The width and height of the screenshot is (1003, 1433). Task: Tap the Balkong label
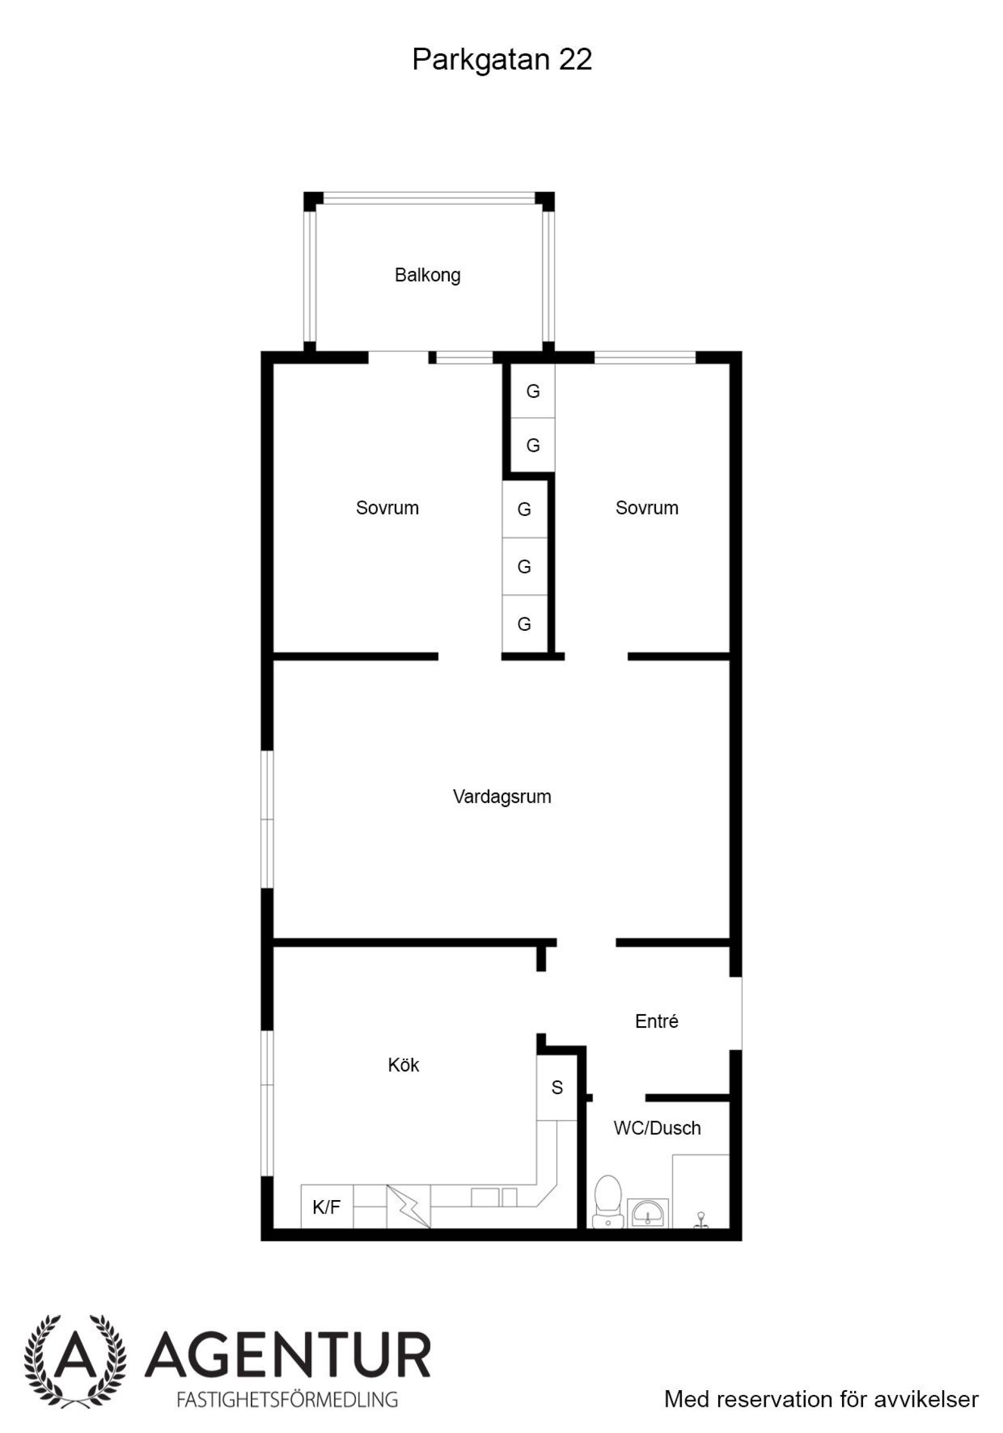point(427,275)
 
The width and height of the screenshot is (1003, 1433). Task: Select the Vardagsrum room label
point(502,797)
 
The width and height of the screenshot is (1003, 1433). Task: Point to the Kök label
point(403,1065)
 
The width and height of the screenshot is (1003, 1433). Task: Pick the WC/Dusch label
point(657,1128)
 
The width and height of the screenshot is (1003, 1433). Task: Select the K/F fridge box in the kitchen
point(326,1206)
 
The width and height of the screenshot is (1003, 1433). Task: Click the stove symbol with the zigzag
point(408,1206)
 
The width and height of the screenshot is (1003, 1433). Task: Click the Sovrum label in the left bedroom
point(387,508)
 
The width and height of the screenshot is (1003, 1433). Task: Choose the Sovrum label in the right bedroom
point(647,508)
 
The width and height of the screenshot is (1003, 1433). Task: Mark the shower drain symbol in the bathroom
point(701,1220)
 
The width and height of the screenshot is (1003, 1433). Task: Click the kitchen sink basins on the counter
point(494,1197)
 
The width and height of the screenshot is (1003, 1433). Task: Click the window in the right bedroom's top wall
point(645,358)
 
